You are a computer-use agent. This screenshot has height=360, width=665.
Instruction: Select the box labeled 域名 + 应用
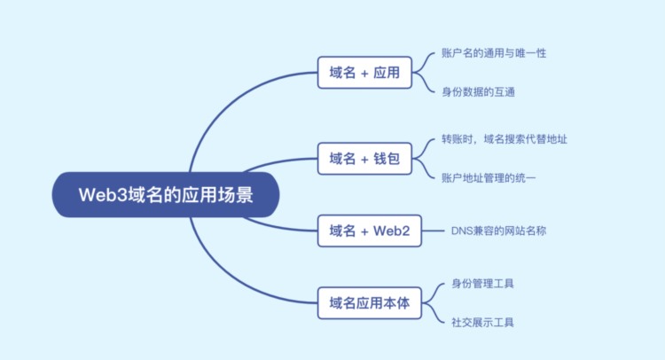coord(365,73)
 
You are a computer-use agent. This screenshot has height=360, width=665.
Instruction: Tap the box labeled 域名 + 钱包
coord(365,160)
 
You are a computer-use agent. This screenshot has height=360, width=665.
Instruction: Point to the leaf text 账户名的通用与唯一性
coord(494,53)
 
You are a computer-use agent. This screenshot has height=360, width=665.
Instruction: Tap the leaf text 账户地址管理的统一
coord(489,178)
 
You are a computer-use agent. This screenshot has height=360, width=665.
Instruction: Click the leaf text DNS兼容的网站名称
coord(499,231)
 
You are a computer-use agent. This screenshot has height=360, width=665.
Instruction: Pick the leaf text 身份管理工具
coord(483,284)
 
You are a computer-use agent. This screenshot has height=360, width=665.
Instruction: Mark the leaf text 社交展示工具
coord(483,322)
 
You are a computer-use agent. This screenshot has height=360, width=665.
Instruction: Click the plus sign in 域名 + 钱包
coord(365,160)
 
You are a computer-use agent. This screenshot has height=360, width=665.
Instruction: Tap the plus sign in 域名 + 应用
coord(365,73)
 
